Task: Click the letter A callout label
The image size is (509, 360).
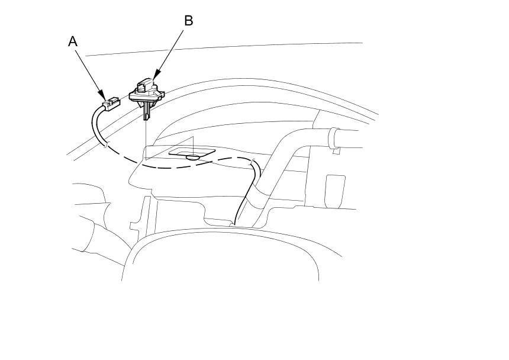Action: pyautogui.click(x=73, y=41)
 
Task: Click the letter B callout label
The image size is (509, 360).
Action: pyautogui.click(x=188, y=21)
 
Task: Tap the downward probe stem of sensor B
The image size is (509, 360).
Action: pyautogui.click(x=146, y=111)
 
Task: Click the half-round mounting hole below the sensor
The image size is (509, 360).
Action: pyautogui.click(x=192, y=157)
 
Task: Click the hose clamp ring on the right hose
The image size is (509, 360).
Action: pyautogui.click(x=334, y=139)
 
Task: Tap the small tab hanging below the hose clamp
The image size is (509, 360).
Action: pyautogui.click(x=336, y=151)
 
